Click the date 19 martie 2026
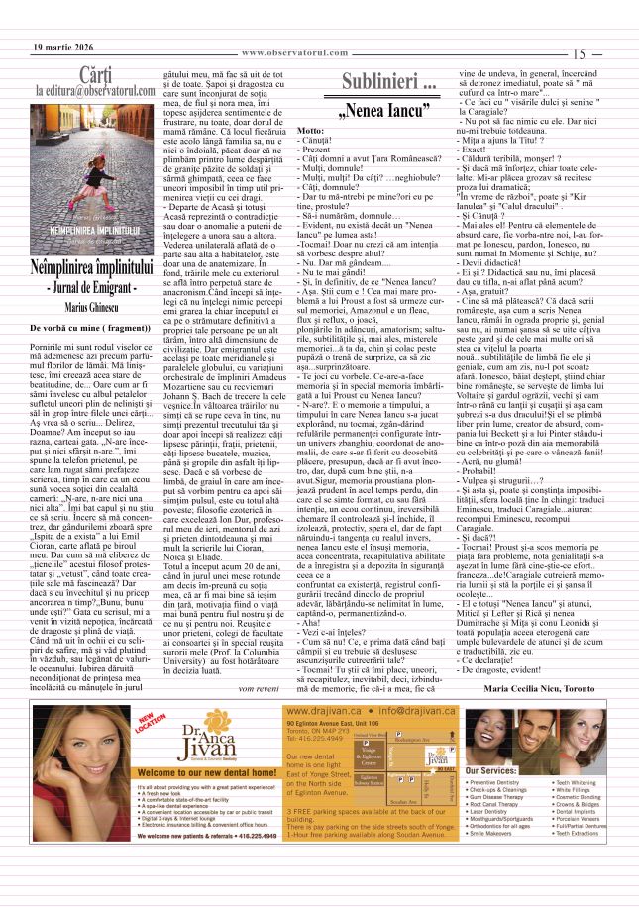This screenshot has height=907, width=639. (x=62, y=48)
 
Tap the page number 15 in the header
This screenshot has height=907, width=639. (x=581, y=55)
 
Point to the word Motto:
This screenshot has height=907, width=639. (x=310, y=131)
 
